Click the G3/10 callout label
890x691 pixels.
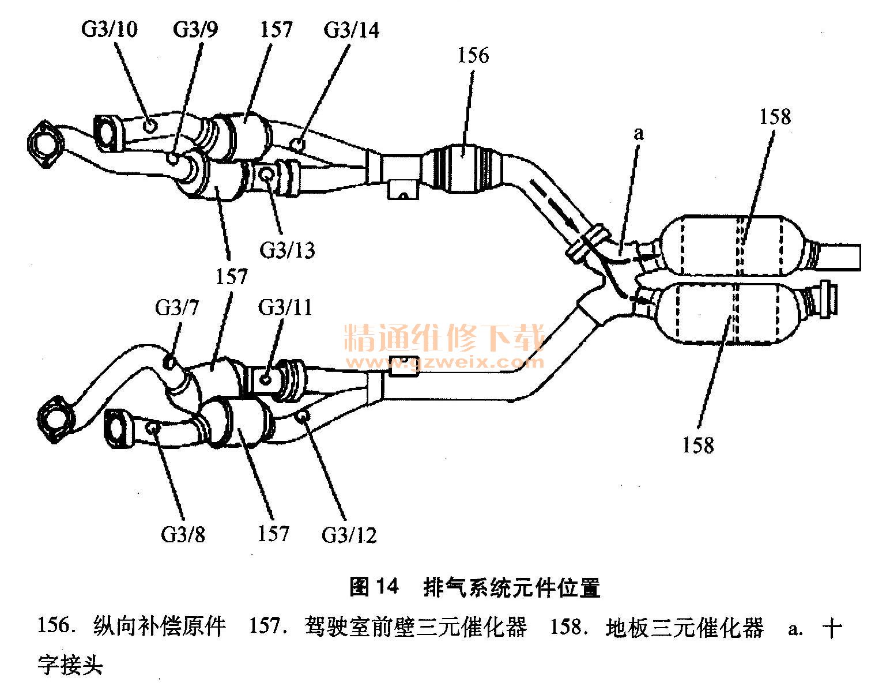(x=109, y=29)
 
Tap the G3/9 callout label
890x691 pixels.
(x=195, y=29)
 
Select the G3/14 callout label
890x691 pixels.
(x=352, y=29)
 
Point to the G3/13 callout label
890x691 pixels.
(x=287, y=250)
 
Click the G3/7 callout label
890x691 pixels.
(x=177, y=308)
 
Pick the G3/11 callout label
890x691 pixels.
(x=285, y=307)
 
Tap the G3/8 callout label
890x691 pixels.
(x=183, y=535)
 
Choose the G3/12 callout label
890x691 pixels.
(x=349, y=535)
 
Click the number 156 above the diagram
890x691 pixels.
(x=473, y=55)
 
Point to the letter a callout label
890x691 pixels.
(x=638, y=134)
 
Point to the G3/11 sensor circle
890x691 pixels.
(x=266, y=379)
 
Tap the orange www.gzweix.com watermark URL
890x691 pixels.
(x=444, y=363)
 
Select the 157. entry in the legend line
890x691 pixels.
(x=267, y=627)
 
